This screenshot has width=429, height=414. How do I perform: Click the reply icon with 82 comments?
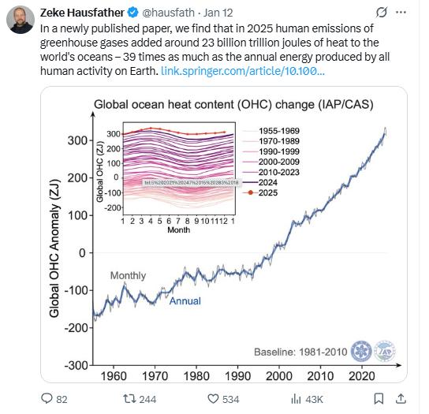47,399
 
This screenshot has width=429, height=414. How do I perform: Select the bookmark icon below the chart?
376,399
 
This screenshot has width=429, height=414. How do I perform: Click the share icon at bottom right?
401,399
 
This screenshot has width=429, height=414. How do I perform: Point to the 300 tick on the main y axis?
76,140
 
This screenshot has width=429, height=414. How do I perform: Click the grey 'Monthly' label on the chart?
128,275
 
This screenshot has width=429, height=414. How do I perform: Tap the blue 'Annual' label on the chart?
185,300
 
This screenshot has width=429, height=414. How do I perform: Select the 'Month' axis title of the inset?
177,231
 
